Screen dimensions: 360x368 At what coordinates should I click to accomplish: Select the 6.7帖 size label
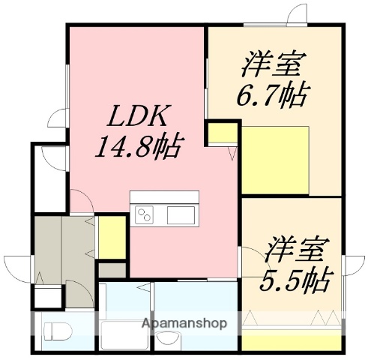(276, 96)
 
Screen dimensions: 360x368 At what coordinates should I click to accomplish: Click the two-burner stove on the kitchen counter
(144, 216)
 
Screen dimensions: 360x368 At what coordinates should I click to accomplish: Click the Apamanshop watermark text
(184, 325)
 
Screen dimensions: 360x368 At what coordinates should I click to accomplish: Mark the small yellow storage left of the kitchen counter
(111, 236)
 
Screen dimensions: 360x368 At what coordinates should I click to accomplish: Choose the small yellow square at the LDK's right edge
(220, 133)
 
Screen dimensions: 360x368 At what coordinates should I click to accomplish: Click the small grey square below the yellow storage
(112, 269)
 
